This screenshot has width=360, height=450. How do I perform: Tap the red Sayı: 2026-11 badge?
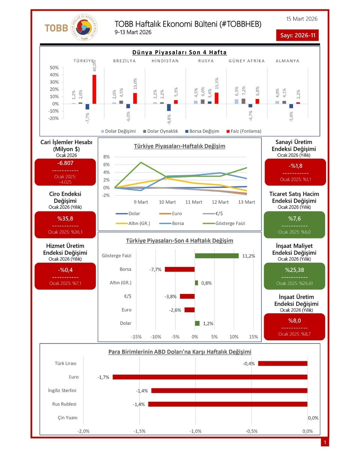pyautogui.click(x=297, y=36)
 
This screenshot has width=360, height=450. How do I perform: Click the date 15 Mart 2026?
pyautogui.click(x=301, y=19)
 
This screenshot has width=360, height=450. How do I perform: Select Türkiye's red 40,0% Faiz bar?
pyautogui.click(x=94, y=89)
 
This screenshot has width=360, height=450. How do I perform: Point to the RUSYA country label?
pyautogui.click(x=205, y=61)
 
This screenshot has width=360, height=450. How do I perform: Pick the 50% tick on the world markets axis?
pyautogui.click(x=54, y=68)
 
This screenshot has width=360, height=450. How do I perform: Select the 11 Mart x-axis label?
pyautogui.click(x=193, y=202)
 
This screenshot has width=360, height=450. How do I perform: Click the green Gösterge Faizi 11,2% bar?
pyautogui.click(x=216, y=256)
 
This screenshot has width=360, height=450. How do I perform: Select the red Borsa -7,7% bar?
pyautogui.click(x=180, y=269)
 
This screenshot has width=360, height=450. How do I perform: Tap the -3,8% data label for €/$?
pyautogui.click(x=171, y=296)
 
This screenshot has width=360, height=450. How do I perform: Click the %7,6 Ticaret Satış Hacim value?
pyautogui.click(x=295, y=219)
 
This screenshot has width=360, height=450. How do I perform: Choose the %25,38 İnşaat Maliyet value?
pyautogui.click(x=295, y=270)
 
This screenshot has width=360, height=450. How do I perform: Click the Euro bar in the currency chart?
pyautogui.click(x=210, y=377)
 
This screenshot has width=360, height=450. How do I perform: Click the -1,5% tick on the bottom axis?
pyautogui.click(x=139, y=431)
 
